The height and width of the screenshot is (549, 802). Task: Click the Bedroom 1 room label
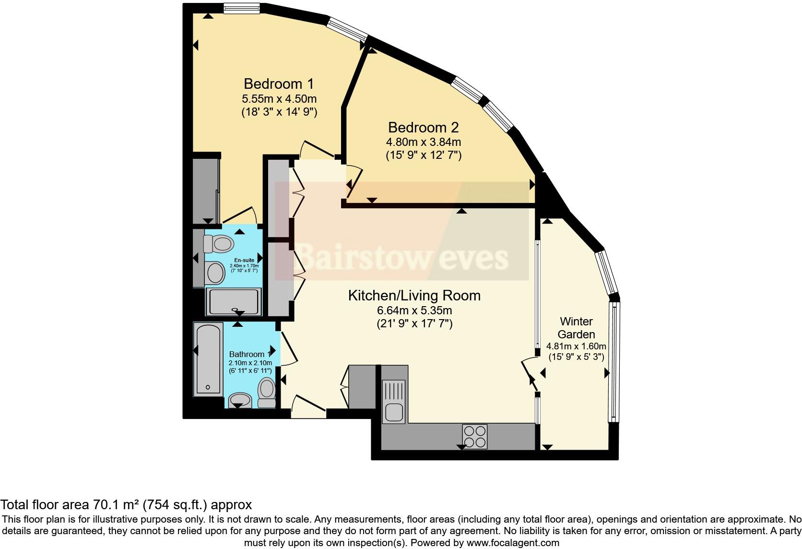(x=278, y=84)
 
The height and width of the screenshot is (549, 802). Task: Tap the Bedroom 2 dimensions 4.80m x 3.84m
(x=423, y=142)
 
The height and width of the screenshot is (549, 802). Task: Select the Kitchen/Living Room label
(x=414, y=296)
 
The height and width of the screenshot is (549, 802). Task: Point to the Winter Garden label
(x=576, y=328)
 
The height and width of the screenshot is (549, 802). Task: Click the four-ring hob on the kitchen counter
(x=475, y=437)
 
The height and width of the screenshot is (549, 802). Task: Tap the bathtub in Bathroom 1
(x=208, y=359)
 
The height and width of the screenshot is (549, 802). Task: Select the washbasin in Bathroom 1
(x=240, y=400)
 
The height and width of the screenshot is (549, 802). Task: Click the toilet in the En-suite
(x=219, y=244)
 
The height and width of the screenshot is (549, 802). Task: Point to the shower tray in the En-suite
(x=234, y=302)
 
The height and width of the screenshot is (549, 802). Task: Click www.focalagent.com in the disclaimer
(x=513, y=543)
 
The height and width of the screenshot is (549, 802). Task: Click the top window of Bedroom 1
(x=242, y=8)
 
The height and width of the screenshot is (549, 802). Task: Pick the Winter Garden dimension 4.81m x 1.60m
(x=576, y=346)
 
